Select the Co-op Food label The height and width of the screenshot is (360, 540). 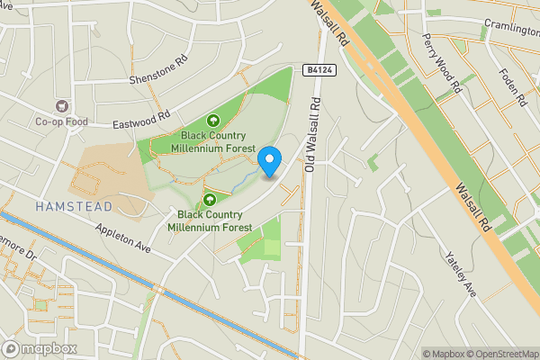coord(60,122)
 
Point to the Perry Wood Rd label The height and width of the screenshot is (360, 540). coord(442,64)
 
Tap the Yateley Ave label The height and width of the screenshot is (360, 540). coord(459,274)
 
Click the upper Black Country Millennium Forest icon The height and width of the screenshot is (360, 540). coord(214,120)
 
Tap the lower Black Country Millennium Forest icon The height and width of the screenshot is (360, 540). coord(209,199)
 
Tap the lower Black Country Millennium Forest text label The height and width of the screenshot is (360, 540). coord(214,221)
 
